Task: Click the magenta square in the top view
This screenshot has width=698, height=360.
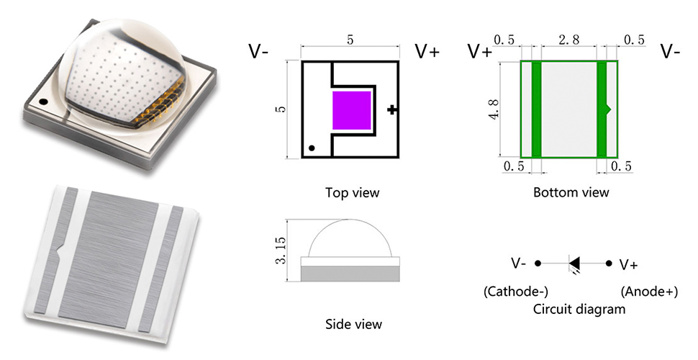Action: [352, 111]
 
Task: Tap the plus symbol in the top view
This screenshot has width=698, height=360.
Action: [391, 109]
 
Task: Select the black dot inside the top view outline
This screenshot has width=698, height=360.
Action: [312, 148]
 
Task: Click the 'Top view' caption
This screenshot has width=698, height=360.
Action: [352, 193]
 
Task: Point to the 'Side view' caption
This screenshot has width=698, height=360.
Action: [353, 324]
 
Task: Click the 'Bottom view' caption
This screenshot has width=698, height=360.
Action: [571, 193]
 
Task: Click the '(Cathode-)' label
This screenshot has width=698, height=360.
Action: [515, 292]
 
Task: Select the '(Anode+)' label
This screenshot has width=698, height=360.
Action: [648, 292]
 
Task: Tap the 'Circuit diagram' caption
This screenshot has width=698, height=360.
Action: [579, 309]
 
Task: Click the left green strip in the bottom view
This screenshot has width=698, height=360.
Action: [536, 109]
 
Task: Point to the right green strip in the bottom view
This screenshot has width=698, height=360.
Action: [602, 109]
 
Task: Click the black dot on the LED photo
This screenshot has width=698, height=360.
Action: [43, 102]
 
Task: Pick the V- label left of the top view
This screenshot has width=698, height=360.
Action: [258, 52]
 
